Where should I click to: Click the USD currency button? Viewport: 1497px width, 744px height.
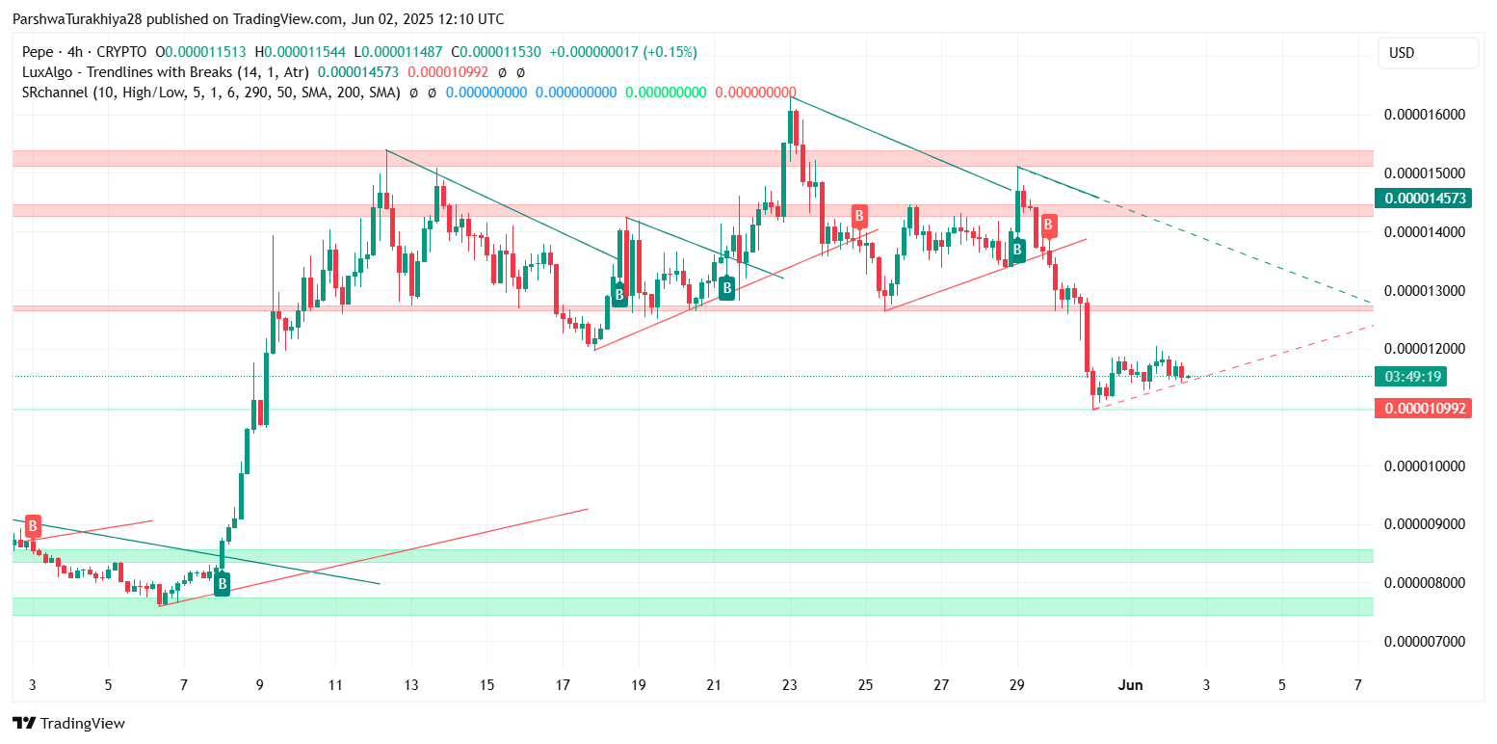1427,53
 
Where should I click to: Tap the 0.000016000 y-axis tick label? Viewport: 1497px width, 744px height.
1425,115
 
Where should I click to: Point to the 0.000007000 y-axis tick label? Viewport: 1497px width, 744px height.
1425,642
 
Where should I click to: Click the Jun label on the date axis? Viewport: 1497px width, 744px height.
1130,685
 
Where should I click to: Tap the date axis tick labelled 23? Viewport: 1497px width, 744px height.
790,685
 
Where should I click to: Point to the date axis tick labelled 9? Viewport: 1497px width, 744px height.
259,685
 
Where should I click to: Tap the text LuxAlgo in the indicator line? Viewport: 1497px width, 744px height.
46,72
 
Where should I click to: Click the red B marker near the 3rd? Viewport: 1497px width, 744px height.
33,526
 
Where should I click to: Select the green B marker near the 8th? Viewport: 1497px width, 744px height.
222,583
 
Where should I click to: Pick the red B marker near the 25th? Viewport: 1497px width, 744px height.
858,216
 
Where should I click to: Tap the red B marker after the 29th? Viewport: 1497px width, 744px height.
1048,226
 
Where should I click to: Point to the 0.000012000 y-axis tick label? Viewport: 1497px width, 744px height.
1425,349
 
